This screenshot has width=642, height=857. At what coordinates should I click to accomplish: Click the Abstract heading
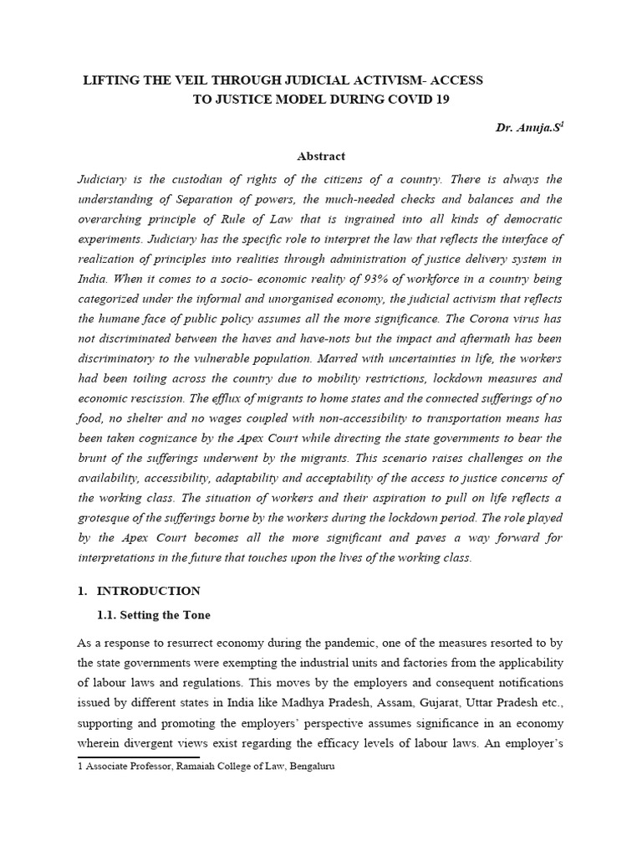tap(321, 156)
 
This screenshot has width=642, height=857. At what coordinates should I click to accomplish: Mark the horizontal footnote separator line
tap(137, 757)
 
